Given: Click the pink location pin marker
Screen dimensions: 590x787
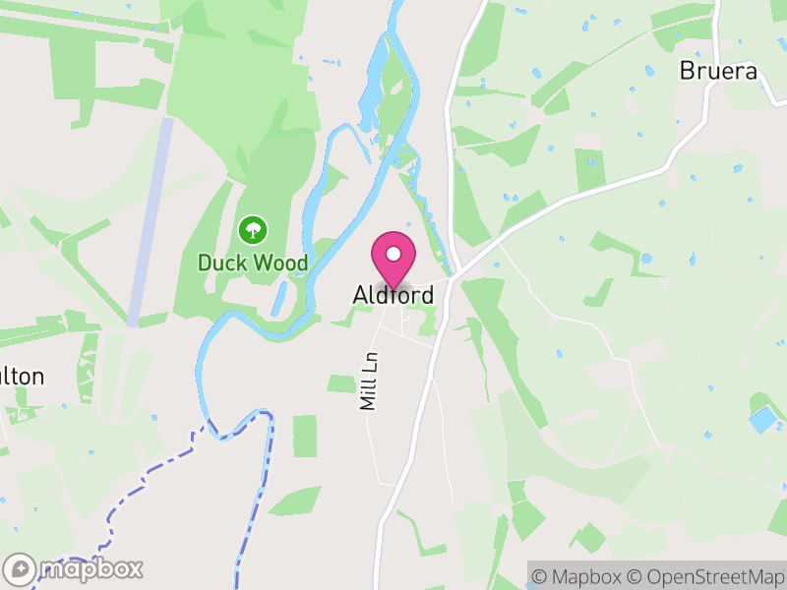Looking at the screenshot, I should coord(393,259).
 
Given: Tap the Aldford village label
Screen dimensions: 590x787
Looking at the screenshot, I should coord(393,295).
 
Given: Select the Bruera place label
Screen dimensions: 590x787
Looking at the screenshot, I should coord(719,72).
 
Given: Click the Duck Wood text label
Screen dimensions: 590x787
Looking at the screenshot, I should coord(253,264).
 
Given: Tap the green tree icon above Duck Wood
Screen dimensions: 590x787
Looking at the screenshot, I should coord(253,231).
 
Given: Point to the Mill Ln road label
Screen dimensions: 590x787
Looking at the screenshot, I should coord(369,382).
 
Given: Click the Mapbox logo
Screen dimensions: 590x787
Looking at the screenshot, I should coord(74,568).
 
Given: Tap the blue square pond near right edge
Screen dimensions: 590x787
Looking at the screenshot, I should coord(762,420).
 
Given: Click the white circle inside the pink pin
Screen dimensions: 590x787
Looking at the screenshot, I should coord(393,253).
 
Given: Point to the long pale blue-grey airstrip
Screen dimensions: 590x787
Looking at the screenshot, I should coord(151,221).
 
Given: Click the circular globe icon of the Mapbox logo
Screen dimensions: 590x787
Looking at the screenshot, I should coord(20,568).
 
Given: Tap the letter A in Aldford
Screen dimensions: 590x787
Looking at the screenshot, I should coord(361,295).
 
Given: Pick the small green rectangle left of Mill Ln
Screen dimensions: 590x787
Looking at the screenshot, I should coord(305,436).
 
